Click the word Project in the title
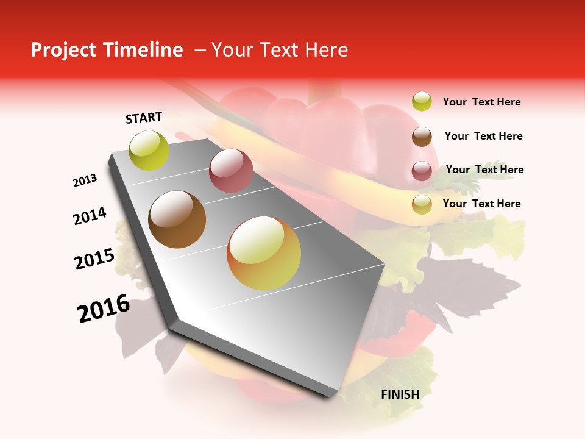click(x=64, y=50)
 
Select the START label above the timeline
click(x=144, y=118)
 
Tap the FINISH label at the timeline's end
click(x=400, y=394)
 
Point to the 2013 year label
click(x=85, y=180)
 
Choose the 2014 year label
click(x=90, y=216)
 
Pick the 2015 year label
click(x=94, y=259)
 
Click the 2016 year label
click(x=104, y=309)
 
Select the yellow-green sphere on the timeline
click(x=149, y=150)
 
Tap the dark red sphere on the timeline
click(x=231, y=171)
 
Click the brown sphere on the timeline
click(x=177, y=220)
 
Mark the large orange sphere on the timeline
click(x=264, y=253)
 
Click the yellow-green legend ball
click(x=422, y=101)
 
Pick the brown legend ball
click(x=422, y=136)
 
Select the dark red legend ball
click(x=422, y=171)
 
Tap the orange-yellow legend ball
click(x=422, y=204)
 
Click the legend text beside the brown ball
click(x=483, y=136)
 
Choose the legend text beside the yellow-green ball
click(x=481, y=102)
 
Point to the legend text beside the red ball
click(x=484, y=170)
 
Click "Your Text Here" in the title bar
click(x=280, y=50)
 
